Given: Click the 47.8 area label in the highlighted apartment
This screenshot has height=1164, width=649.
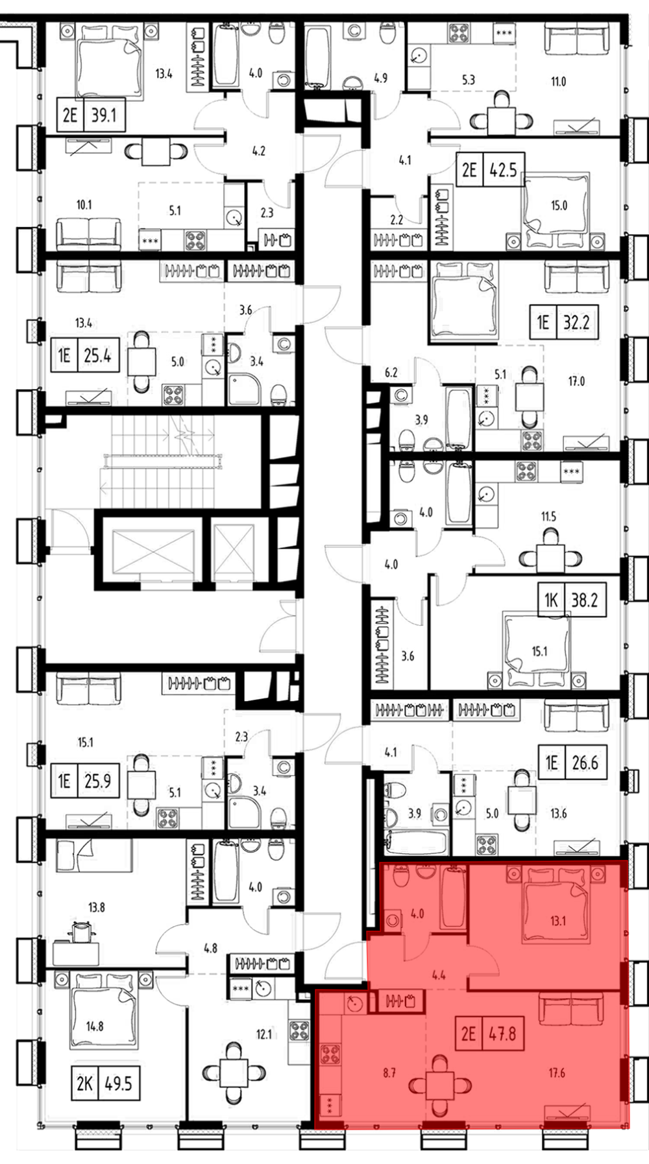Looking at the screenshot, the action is pyautogui.click(x=502, y=1033).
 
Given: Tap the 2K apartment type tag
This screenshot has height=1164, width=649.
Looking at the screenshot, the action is pyautogui.click(x=84, y=1084).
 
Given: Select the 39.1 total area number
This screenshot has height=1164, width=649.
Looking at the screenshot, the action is pyautogui.click(x=104, y=115).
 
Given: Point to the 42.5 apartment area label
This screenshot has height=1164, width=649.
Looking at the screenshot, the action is pyautogui.click(x=503, y=171).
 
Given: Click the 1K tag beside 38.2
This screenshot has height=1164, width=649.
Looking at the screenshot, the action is pyautogui.click(x=550, y=600).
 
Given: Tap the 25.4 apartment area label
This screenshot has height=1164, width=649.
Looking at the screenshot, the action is pyautogui.click(x=97, y=355).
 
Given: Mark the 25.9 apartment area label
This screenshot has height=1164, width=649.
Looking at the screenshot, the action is pyautogui.click(x=97, y=781).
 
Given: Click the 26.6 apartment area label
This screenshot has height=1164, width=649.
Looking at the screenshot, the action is pyautogui.click(x=585, y=763).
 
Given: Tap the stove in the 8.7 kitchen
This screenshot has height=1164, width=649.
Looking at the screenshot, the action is pyautogui.click(x=330, y=1053).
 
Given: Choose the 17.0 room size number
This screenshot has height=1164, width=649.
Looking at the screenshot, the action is pyautogui.click(x=576, y=381).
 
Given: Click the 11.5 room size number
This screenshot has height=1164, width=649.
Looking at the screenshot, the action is pyautogui.click(x=548, y=517).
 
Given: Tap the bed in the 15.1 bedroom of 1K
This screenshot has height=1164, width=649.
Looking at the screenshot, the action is pyautogui.click(x=537, y=652).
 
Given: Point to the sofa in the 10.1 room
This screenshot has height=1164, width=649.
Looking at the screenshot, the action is pyautogui.click(x=88, y=234).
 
